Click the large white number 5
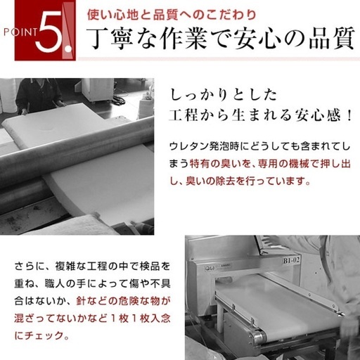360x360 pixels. tap(49, 32)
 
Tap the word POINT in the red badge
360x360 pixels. tap(20, 32)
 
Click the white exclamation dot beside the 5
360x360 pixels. tap(68, 49)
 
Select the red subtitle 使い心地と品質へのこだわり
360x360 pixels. tap(172, 15)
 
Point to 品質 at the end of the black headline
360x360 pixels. tap(331, 38)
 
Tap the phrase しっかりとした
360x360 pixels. tap(223, 95)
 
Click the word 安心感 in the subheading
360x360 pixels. tap(316, 115)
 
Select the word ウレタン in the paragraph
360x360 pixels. tap(188, 147)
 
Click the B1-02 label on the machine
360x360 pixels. tap(291, 260)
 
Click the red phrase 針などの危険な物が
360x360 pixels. tap(123, 301)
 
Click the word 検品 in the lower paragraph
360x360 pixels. tap(149, 266)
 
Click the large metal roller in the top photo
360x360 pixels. tap(77, 150)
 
